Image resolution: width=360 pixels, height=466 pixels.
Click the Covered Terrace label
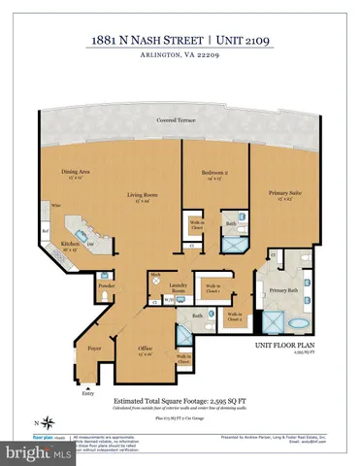click(180, 120)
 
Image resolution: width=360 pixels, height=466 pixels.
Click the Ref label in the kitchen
click(46, 231)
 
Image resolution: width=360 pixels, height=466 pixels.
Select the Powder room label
click(108, 286)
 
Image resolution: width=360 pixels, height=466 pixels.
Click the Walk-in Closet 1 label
click(210, 288)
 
